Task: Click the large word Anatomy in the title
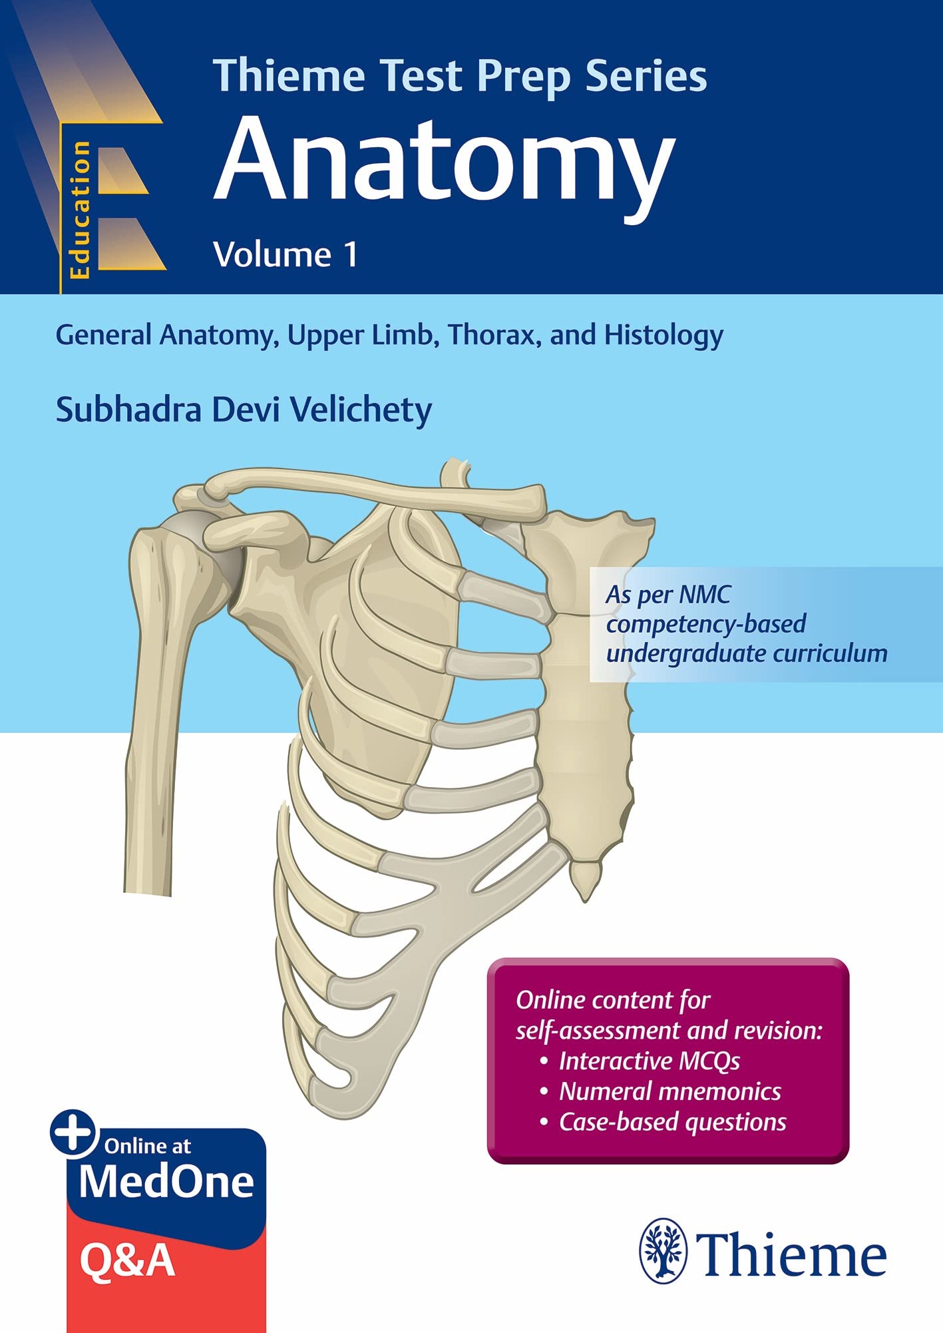click(444, 163)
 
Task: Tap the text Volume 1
click(285, 255)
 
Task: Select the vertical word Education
click(80, 210)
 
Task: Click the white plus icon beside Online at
click(73, 1133)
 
